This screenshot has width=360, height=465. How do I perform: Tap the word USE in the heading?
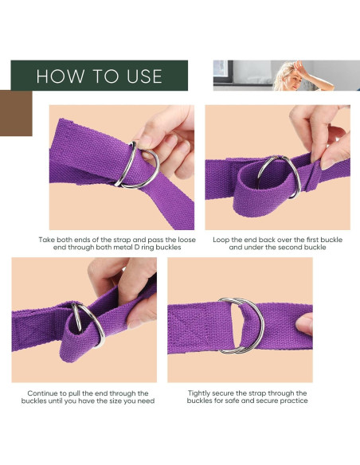click(140, 76)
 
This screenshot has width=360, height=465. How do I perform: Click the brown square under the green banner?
click(16, 113)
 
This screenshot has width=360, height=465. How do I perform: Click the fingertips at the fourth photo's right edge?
click(304, 322)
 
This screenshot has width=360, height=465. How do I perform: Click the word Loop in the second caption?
click(225, 239)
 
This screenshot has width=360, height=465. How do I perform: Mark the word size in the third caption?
click(117, 401)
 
